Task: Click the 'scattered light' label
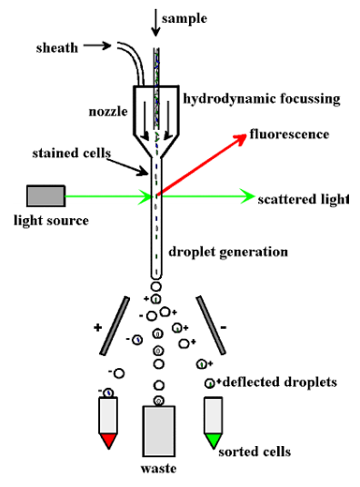coord(303,199)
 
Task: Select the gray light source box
coord(45,195)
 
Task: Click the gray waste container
coord(158,430)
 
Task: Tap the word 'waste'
coord(158,469)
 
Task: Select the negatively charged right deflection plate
coord(206,323)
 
